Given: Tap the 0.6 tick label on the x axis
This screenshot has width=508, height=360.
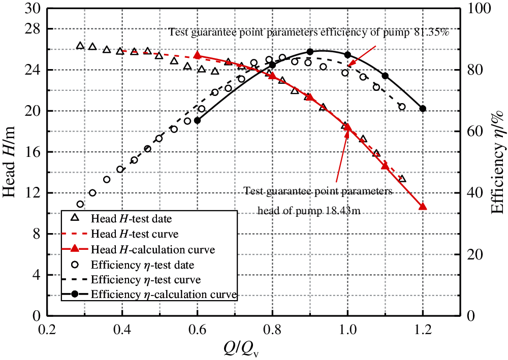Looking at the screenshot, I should point(197,330).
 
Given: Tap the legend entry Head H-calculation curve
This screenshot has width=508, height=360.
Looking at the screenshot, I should point(152,250).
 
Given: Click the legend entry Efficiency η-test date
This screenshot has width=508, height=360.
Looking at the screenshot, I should point(142,265).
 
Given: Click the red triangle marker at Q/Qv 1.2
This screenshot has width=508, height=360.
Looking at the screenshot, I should point(423,206).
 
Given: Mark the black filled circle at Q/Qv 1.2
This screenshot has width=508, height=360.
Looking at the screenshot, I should point(423,109).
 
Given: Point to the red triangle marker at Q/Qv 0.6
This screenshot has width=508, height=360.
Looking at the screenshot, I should point(197,55).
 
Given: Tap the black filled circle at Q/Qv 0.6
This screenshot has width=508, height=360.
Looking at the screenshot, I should point(197,120).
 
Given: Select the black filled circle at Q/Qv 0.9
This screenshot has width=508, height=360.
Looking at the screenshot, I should point(310,52).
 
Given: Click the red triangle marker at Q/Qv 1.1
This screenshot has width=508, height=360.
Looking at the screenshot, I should point(385,166).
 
